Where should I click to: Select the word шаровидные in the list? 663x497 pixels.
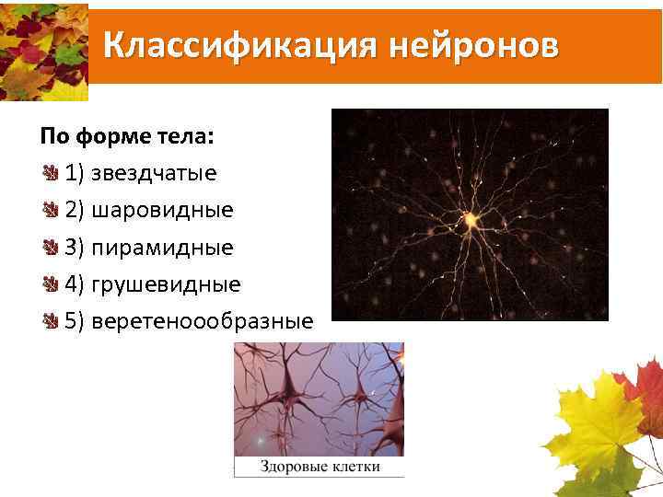[162, 211]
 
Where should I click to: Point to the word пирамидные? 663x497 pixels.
[162, 248]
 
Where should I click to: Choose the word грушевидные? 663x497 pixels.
[166, 284]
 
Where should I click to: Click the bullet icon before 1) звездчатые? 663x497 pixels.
[50, 173]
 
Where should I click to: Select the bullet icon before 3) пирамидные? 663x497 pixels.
[50, 247]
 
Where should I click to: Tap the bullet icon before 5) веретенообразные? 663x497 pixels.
[50, 320]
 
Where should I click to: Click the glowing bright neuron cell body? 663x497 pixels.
[470, 219]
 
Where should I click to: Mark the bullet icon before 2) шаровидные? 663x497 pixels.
[50, 210]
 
